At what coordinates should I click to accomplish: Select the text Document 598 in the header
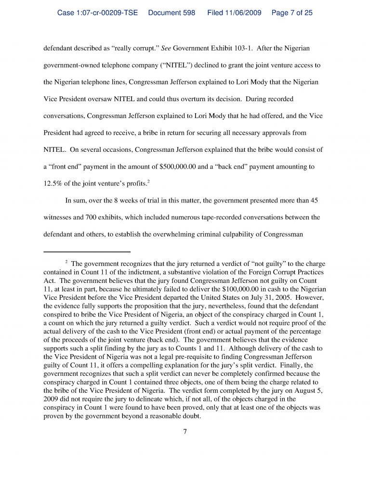point(172,13)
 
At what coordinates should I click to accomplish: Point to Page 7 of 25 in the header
point(292,13)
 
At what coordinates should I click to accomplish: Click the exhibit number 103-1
point(237,49)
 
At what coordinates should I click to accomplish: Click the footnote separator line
point(87,252)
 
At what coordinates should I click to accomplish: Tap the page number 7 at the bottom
point(185,431)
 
